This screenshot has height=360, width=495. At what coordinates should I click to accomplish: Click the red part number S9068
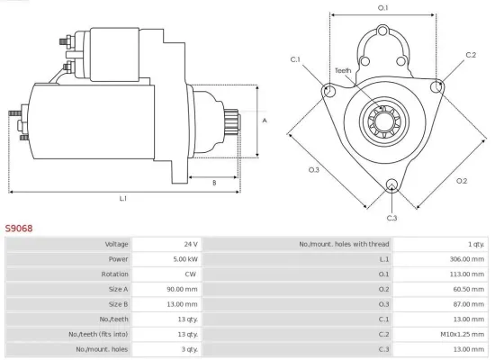[19, 229]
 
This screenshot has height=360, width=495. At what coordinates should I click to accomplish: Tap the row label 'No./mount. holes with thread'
[345, 244]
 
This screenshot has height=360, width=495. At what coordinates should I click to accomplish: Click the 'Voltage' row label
[116, 244]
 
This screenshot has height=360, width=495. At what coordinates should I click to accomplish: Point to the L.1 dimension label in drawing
[123, 198]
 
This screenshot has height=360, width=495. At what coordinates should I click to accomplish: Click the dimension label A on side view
[265, 120]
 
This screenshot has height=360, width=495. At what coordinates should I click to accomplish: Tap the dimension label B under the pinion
[214, 183]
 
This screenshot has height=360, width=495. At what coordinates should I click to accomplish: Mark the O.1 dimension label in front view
[382, 8]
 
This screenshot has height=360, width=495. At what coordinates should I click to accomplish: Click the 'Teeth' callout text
[343, 69]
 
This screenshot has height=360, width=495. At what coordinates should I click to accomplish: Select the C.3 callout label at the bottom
[391, 218]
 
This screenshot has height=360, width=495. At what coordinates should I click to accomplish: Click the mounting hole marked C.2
[437, 86]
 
